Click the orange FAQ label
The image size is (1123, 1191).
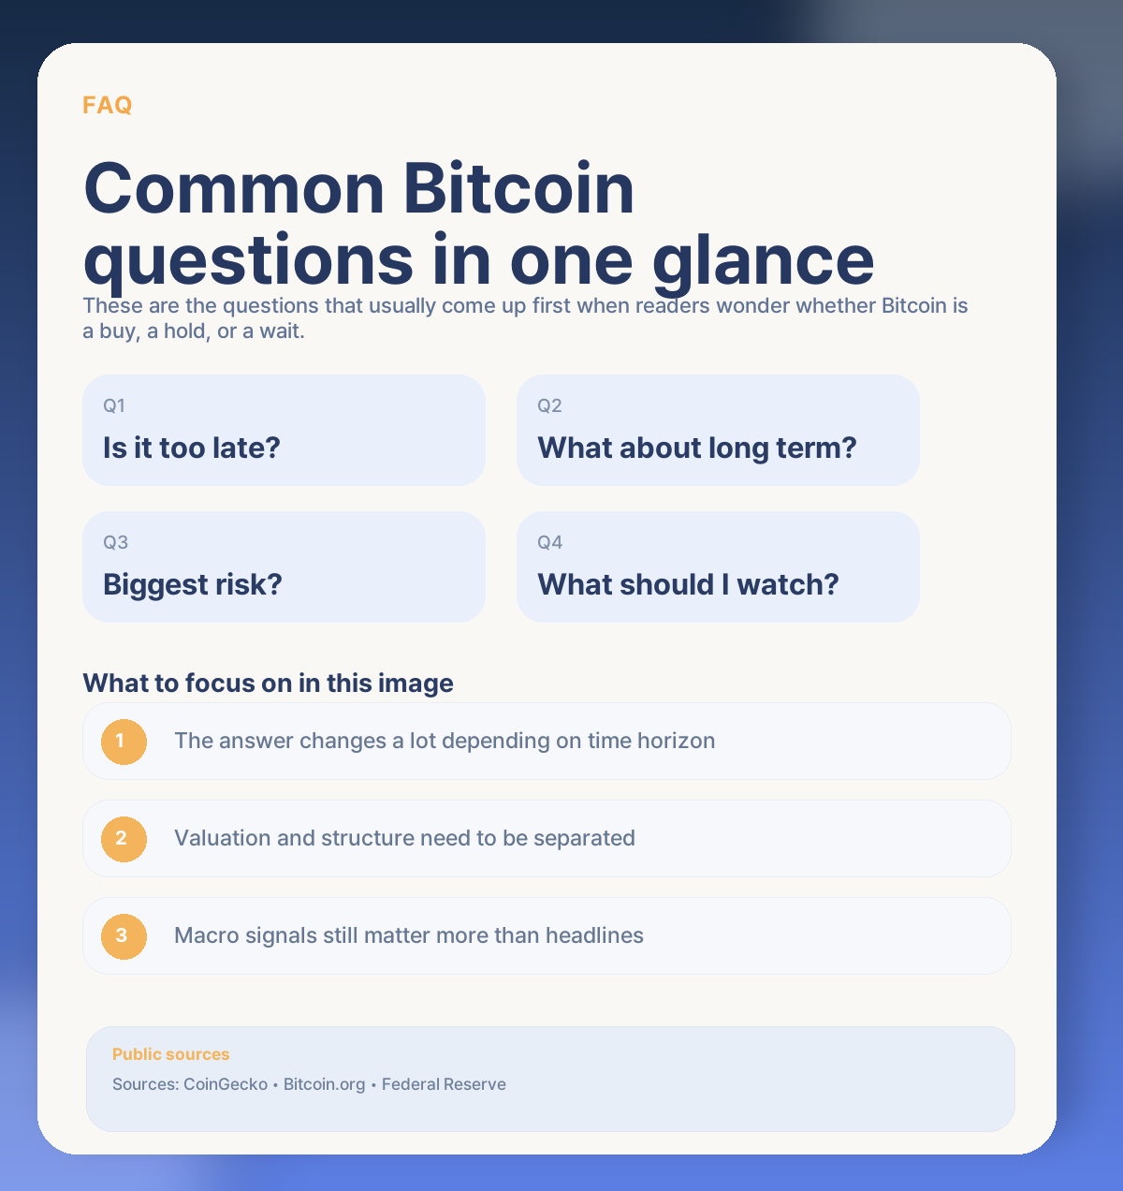tap(107, 105)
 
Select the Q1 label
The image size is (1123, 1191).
tap(114, 405)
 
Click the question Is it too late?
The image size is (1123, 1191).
tap(192, 448)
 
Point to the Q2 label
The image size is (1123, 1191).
tap(549, 405)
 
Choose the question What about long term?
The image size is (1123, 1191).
tap(696, 448)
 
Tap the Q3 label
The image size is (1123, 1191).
tap(115, 542)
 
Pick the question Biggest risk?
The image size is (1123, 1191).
tap(192, 584)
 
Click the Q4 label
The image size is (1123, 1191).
tap(549, 542)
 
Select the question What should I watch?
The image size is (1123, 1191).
tap(688, 584)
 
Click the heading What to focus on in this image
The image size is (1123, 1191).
tap(268, 683)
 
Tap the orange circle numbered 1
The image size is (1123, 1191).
tap(124, 742)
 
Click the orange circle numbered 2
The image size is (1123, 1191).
tap(124, 838)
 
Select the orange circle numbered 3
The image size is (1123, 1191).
tap(124, 935)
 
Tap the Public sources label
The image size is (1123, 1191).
tap(170, 1054)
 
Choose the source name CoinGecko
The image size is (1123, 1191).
tap(225, 1084)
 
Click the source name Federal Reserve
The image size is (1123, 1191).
tap(444, 1084)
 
